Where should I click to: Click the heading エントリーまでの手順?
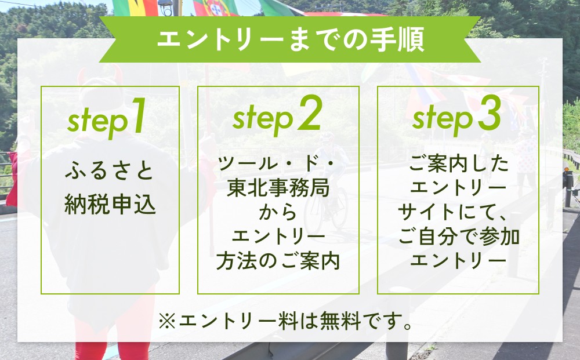291,39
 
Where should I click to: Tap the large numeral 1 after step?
137,116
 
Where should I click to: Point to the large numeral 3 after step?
490,112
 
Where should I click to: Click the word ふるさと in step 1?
110,171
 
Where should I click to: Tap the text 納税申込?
110,205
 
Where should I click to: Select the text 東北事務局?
278,188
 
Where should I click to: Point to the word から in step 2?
278,212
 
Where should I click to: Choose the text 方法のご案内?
278,261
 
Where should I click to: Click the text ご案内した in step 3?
459,163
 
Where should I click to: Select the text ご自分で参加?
459,237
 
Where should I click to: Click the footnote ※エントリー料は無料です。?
285,321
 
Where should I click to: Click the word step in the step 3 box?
443,119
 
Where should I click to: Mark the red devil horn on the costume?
117,74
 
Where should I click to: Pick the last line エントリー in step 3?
458,261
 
